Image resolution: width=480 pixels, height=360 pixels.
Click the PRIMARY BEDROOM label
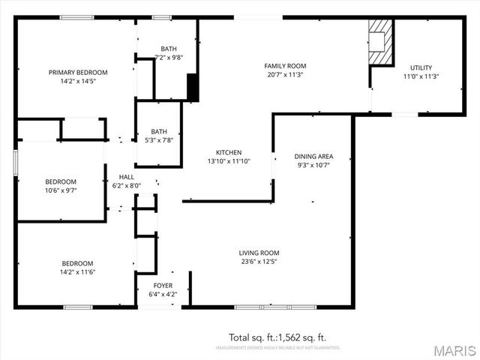click(x=78, y=72)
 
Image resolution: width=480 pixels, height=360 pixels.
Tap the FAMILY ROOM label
click(x=286, y=66)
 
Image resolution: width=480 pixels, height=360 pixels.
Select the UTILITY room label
click(x=421, y=67)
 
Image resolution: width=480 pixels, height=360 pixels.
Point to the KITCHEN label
click(x=229, y=152)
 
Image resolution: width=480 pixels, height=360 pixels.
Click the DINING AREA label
click(x=313, y=157)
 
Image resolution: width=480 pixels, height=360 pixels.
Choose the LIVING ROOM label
click(x=259, y=253)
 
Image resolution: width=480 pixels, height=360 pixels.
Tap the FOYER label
click(x=163, y=286)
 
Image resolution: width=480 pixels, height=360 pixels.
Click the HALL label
click(x=126, y=177)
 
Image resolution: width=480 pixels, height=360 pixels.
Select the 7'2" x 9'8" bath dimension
click(x=169, y=57)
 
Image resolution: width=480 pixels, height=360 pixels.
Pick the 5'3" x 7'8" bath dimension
click(x=158, y=139)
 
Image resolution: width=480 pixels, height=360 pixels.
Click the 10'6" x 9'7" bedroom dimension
click(x=60, y=190)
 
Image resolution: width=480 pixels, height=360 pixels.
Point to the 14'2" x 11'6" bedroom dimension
click(x=77, y=271)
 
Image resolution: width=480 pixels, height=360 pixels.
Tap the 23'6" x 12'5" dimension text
click(x=259, y=262)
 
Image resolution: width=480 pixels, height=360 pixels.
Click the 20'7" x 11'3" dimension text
click(x=286, y=75)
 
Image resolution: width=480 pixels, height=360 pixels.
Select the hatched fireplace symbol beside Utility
click(x=380, y=42)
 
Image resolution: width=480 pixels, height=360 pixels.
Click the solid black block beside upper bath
click(x=192, y=86)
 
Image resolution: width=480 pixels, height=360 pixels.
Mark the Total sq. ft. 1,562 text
click(x=277, y=337)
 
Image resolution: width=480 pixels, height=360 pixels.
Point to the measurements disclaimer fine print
click(x=277, y=348)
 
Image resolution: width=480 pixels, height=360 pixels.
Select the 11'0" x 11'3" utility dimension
click(x=421, y=76)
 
